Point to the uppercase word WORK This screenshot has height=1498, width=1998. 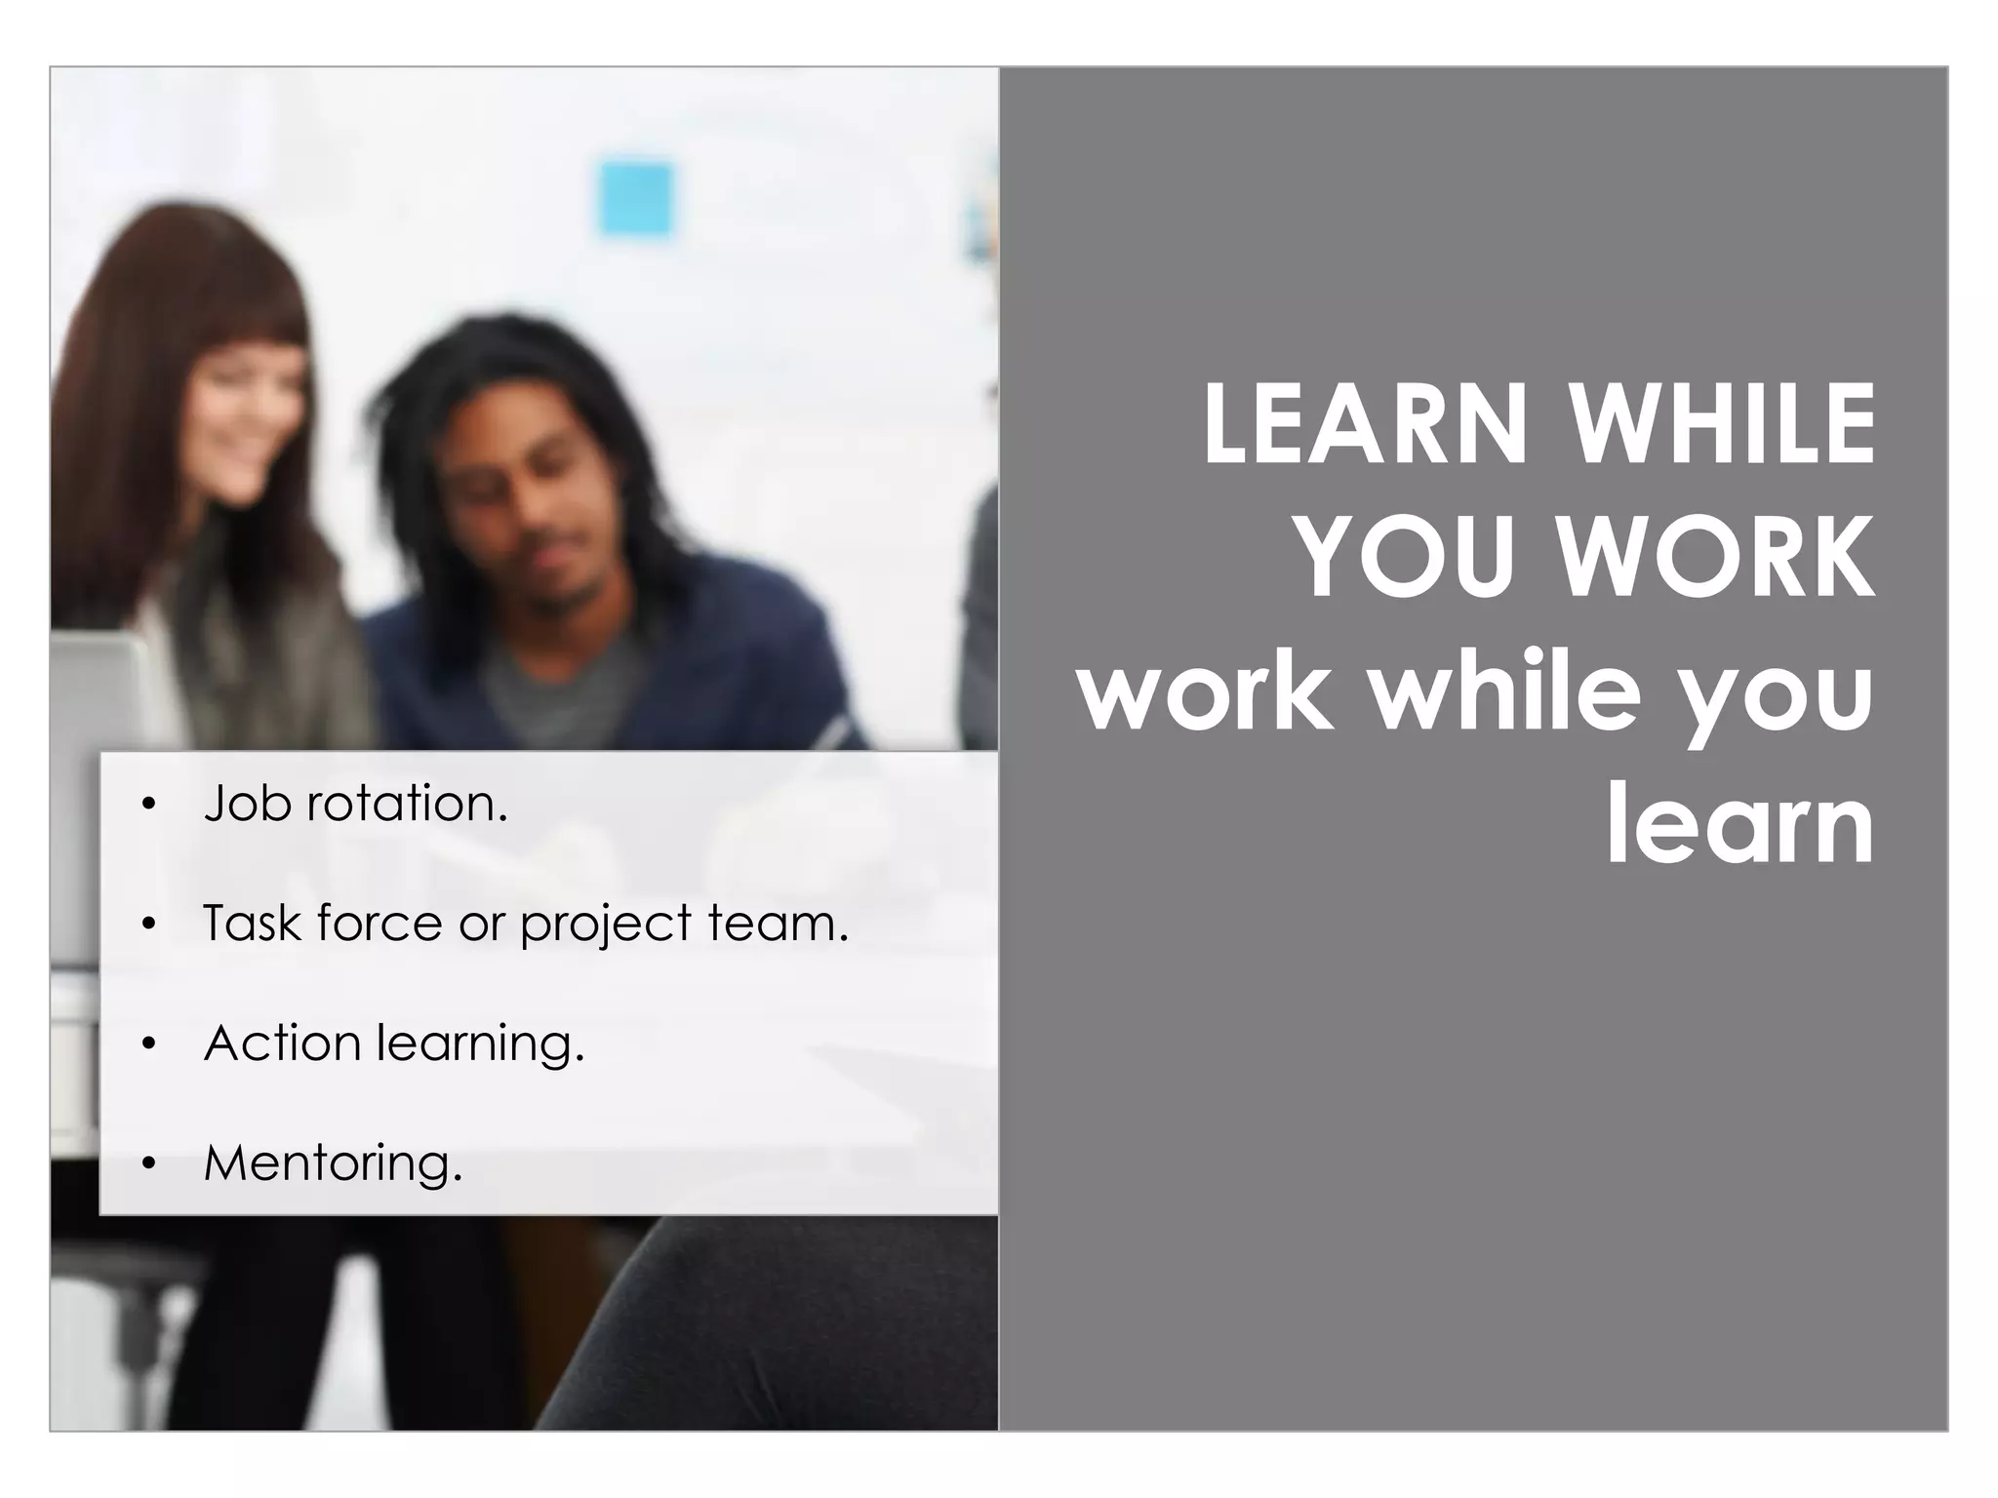click(x=1714, y=558)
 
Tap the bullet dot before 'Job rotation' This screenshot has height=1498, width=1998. click(x=148, y=805)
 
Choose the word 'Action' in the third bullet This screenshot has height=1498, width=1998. click(x=283, y=1043)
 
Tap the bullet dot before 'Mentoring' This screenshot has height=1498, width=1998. click(x=148, y=1163)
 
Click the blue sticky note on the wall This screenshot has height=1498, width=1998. click(x=635, y=200)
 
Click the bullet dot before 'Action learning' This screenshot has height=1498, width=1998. click(x=148, y=1045)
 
